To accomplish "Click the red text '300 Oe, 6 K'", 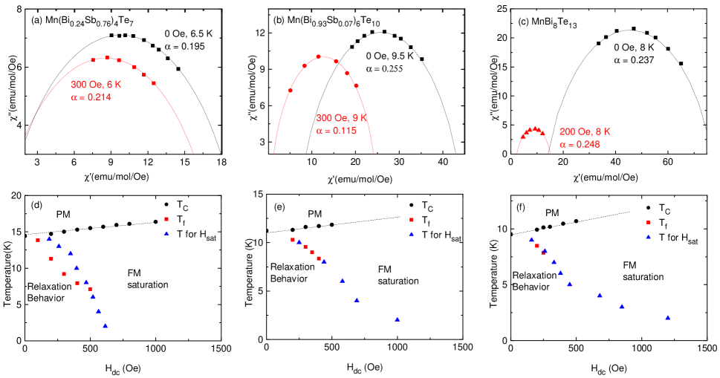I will (96, 85).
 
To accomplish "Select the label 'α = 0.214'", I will (91, 97).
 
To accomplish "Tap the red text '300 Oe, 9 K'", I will (342, 118).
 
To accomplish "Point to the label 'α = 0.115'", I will (337, 131).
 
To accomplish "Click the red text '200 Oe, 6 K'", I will (585, 131).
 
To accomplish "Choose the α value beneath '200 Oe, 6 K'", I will (579, 144).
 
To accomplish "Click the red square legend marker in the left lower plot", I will (166, 219).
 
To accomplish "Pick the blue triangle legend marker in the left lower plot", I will (166, 233).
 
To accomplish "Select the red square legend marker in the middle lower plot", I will (412, 220).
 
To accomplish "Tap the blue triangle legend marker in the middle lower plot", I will (412, 234).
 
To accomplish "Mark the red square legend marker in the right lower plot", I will (648, 222).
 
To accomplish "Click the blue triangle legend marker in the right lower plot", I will (648, 236).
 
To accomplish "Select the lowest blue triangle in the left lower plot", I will (106, 325).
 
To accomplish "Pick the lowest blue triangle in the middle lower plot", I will (398, 319).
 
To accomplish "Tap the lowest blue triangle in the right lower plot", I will (668, 318).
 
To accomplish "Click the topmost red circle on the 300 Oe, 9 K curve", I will (319, 56).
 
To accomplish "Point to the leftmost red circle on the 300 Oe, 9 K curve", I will (290, 91).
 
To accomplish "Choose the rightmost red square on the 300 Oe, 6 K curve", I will (154, 83).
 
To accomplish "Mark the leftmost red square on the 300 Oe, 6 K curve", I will (93, 59).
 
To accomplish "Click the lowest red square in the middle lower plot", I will (319, 258).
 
